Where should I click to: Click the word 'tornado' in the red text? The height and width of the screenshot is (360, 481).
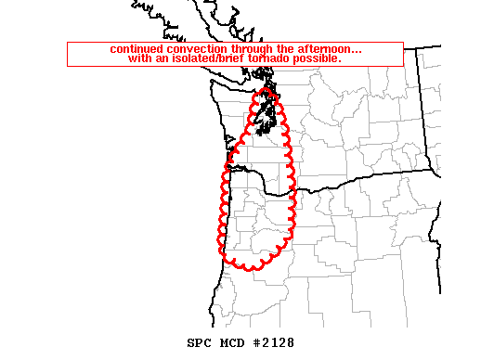coord(271,58)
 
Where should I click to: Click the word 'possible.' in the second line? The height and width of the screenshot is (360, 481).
coord(318,58)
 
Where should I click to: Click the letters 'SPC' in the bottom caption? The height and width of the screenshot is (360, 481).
coord(187,342)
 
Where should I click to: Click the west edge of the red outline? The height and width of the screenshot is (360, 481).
coord(222,209)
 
